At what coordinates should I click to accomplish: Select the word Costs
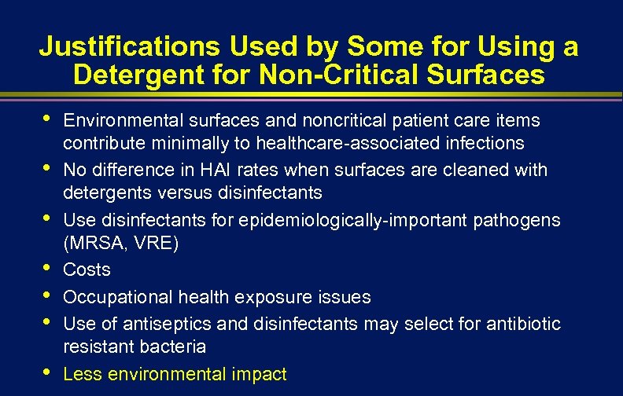[x=87, y=270]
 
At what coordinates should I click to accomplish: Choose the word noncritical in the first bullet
[x=321, y=120]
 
